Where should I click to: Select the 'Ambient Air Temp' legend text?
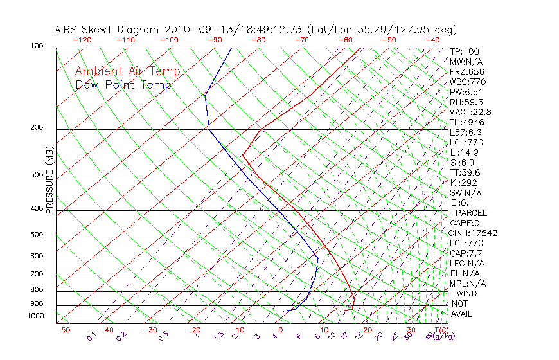point(127,71)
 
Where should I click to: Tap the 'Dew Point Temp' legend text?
point(123,85)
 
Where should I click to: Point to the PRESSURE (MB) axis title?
point(49,182)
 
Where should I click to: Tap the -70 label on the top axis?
point(301,40)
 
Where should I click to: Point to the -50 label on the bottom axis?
point(63,330)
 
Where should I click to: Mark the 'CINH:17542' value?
point(474,233)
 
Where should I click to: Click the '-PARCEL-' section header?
point(471,213)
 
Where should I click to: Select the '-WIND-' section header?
point(466,294)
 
